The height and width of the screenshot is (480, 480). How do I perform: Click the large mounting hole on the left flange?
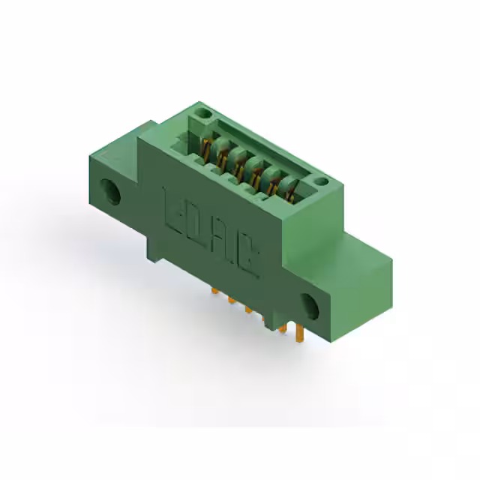[114, 191]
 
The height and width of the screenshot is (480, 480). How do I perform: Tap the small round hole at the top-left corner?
[201, 114]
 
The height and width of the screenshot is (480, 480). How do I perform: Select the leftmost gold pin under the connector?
[214, 288]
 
